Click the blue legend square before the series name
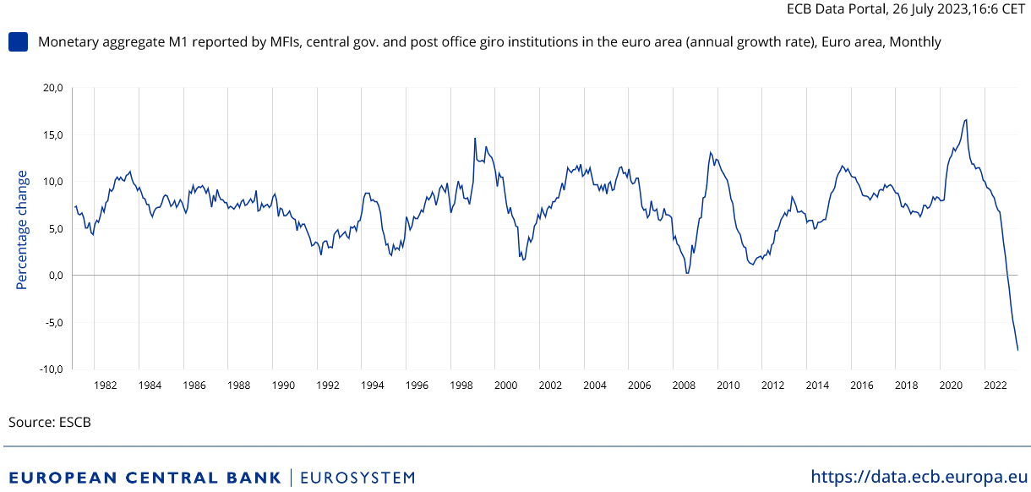click(18, 41)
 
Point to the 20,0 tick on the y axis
click(53, 88)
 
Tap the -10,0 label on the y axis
click(52, 369)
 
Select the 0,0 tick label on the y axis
click(56, 276)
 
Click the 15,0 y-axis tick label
click(53, 135)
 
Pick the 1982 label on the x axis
click(106, 385)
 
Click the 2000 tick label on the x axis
click(505, 385)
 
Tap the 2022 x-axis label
click(995, 385)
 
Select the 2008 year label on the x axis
click(684, 385)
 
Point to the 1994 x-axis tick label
click(372, 385)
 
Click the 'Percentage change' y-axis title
click(23, 229)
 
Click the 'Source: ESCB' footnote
click(50, 422)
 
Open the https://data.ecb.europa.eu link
click(919, 477)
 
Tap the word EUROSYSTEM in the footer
click(357, 478)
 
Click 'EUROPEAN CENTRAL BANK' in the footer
click(145, 478)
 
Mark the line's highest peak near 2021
click(966, 120)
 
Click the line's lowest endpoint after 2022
click(1017, 350)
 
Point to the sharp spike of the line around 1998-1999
click(475, 139)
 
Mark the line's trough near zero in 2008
click(687, 272)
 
